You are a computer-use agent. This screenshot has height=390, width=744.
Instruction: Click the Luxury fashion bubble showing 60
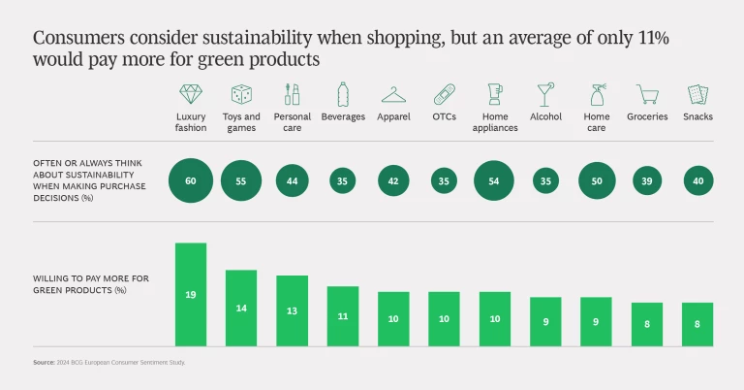pyautogui.click(x=191, y=180)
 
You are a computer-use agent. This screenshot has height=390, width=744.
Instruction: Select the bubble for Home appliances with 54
pyautogui.click(x=495, y=180)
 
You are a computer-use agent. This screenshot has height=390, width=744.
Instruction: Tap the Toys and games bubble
pyautogui.click(x=241, y=180)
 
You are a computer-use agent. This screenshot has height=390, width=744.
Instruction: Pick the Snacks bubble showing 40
pyautogui.click(x=697, y=180)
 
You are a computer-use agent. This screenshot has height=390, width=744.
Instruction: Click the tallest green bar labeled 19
pyautogui.click(x=191, y=294)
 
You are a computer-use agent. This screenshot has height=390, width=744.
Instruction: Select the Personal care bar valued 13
pyautogui.click(x=292, y=310)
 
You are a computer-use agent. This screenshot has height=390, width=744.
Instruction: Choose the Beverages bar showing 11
pyautogui.click(x=343, y=315)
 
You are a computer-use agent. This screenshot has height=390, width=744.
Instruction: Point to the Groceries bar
pyautogui.click(x=647, y=324)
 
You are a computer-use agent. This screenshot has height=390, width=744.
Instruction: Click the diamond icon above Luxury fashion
pyautogui.click(x=191, y=94)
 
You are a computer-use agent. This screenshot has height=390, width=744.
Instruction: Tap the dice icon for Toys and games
pyautogui.click(x=241, y=94)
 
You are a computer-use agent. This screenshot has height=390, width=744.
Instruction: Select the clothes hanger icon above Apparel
pyautogui.click(x=393, y=94)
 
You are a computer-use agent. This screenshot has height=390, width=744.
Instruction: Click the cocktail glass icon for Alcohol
pyautogui.click(x=545, y=94)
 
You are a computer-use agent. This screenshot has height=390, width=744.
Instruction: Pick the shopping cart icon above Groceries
pyautogui.click(x=646, y=94)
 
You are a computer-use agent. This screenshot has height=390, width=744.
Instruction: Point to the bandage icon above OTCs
pyautogui.click(x=444, y=94)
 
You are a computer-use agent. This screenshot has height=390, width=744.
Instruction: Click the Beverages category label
pyautogui.click(x=343, y=117)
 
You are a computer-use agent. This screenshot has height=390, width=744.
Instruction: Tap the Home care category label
pyautogui.click(x=597, y=122)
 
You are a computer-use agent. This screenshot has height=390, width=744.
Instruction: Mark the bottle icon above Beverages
pyautogui.click(x=343, y=94)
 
